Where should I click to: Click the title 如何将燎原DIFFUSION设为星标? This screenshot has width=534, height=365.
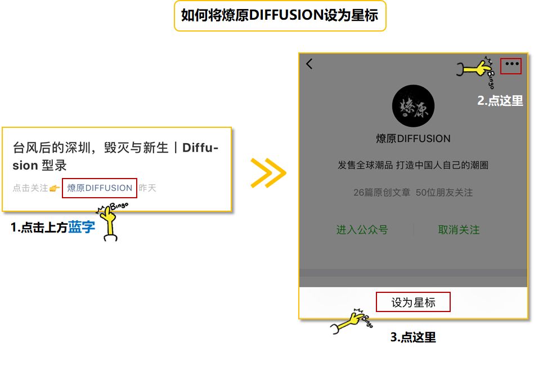(x=280, y=15)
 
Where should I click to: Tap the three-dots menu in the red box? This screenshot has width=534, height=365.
(x=511, y=64)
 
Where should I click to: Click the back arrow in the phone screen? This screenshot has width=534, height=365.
(x=309, y=64)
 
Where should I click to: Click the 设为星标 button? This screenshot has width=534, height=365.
(x=413, y=302)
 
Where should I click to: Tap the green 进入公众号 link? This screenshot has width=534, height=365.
(x=362, y=230)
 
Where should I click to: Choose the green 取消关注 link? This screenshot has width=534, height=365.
(x=459, y=230)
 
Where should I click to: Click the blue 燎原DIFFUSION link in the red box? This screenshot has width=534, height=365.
(x=100, y=188)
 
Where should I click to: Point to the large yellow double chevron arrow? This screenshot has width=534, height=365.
(x=268, y=172)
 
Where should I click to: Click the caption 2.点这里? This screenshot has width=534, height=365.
(x=500, y=101)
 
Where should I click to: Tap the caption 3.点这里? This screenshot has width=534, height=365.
(x=413, y=337)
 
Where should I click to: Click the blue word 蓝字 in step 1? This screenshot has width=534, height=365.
(x=82, y=228)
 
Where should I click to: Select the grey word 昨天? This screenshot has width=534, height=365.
(x=147, y=188)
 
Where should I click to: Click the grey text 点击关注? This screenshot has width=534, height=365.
(x=30, y=188)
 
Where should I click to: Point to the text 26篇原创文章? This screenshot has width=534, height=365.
(x=381, y=193)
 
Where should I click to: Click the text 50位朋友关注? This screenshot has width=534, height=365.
(x=444, y=193)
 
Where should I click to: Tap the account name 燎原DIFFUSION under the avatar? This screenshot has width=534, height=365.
(x=413, y=139)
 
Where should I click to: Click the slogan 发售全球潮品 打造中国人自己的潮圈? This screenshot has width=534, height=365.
(x=413, y=166)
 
